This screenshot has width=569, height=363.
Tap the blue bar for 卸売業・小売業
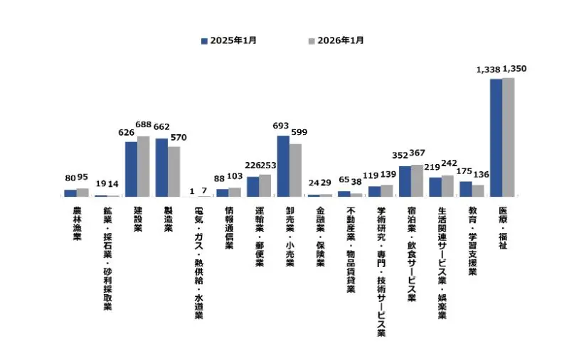(x=283, y=166)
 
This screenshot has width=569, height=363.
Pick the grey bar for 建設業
(x=143, y=166)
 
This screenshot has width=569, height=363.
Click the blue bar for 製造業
(x=161, y=167)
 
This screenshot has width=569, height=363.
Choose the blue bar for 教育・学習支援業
(x=466, y=188)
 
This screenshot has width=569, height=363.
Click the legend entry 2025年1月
(x=228, y=40)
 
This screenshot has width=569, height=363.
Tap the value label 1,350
(x=514, y=69)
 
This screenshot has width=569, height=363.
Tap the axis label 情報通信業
(x=229, y=227)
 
